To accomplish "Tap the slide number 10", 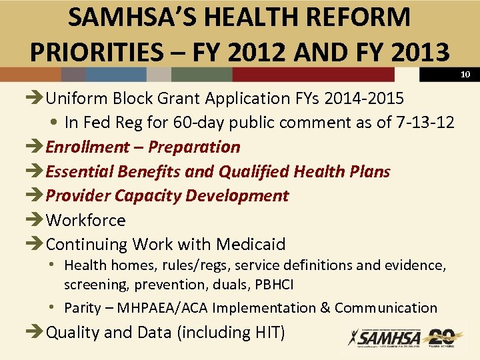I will [x=466, y=74].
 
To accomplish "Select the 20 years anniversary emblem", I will [x=441, y=337].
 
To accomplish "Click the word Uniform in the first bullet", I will [x=73, y=99].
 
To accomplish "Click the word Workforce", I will [x=85, y=220].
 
